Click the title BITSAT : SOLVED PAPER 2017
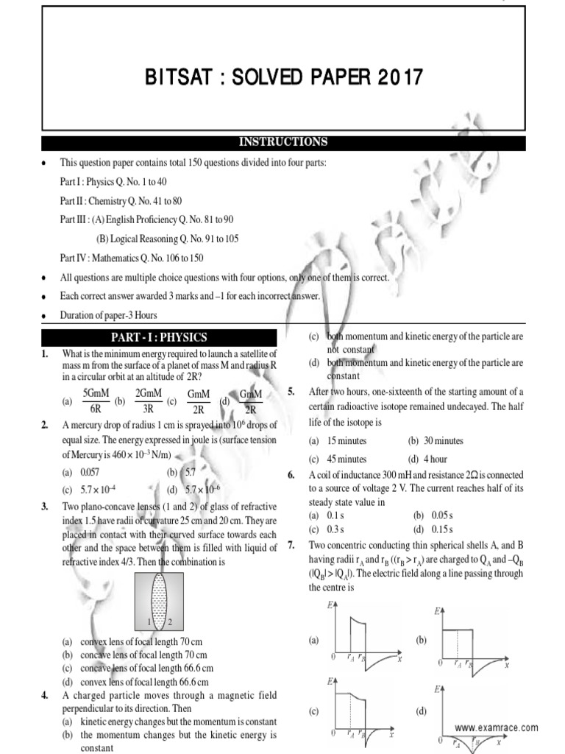click(x=283, y=77)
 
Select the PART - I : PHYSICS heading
click(x=159, y=337)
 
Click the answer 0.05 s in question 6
click(x=438, y=516)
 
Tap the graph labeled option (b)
click(x=470, y=638)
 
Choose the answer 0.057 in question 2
click(x=88, y=472)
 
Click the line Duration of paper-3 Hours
click(x=108, y=315)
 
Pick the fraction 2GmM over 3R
click(x=147, y=402)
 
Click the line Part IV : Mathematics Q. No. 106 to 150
click(x=132, y=258)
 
